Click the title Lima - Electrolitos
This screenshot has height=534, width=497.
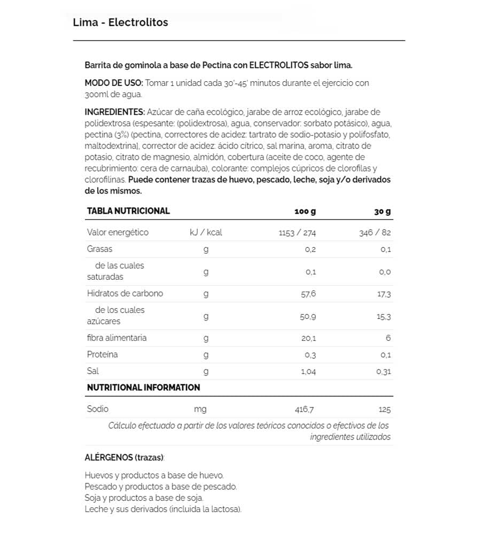pyautogui.click(x=120, y=22)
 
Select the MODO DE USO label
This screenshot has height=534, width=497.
pyautogui.click(x=113, y=83)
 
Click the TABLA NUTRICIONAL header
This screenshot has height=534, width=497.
pyautogui.click(x=128, y=211)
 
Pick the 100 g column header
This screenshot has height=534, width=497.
pyautogui.click(x=305, y=211)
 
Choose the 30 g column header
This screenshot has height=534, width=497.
pyautogui.click(x=383, y=211)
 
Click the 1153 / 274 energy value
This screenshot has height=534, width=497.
pyautogui.click(x=298, y=233)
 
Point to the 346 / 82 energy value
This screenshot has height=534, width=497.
pyautogui.click(x=376, y=233)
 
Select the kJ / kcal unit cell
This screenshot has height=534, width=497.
pyautogui.click(x=206, y=233)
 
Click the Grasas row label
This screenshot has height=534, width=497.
pyautogui.click(x=100, y=249)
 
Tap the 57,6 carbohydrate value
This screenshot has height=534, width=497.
pyautogui.click(x=308, y=294)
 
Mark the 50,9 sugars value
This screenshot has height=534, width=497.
pyautogui.click(x=308, y=316)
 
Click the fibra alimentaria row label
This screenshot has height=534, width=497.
pyautogui.click(x=117, y=338)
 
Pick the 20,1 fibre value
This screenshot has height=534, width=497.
pyautogui.click(x=309, y=338)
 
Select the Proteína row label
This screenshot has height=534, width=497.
pyautogui.click(x=103, y=355)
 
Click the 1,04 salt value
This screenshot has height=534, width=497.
pyautogui.click(x=308, y=372)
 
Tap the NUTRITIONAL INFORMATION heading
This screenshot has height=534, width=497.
pyautogui.click(x=143, y=388)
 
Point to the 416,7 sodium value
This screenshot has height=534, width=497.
pyautogui.click(x=305, y=410)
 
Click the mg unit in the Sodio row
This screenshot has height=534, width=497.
pyautogui.click(x=200, y=410)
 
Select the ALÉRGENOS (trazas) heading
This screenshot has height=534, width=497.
pyautogui.click(x=124, y=458)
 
